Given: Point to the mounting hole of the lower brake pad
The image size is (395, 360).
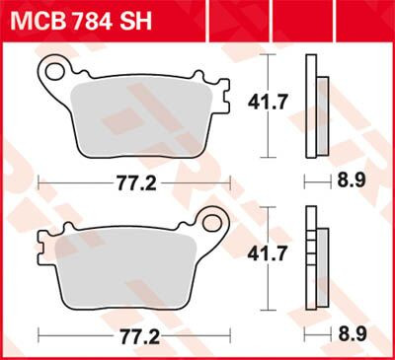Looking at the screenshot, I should [211, 223].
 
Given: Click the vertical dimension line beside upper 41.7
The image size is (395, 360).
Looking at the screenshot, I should [268, 102].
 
